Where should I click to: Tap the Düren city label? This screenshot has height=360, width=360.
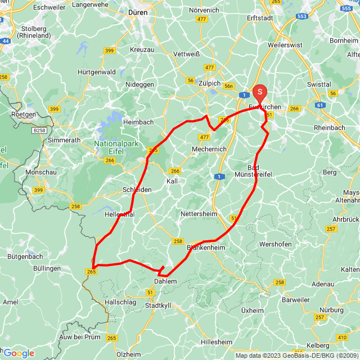point(137,11)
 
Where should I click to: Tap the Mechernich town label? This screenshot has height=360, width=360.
point(209,149)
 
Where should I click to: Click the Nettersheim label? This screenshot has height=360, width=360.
point(198,214)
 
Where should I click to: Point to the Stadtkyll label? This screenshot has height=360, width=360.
point(159,305)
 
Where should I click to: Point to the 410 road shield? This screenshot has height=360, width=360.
point(341,337)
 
